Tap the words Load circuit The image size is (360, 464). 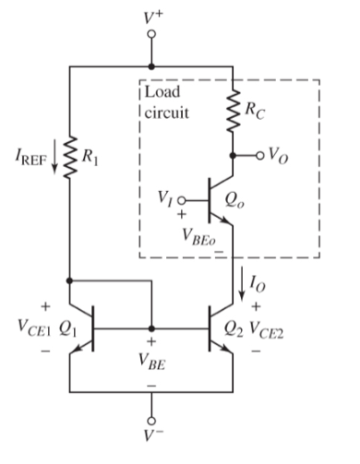[166, 103]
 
